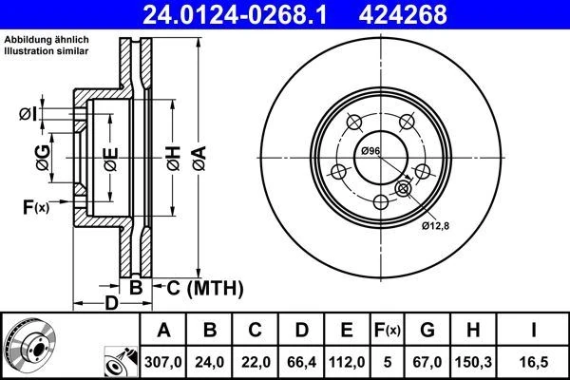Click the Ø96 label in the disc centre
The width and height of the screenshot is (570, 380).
(x=370, y=153)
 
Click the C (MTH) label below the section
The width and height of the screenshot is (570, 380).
(x=199, y=287)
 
